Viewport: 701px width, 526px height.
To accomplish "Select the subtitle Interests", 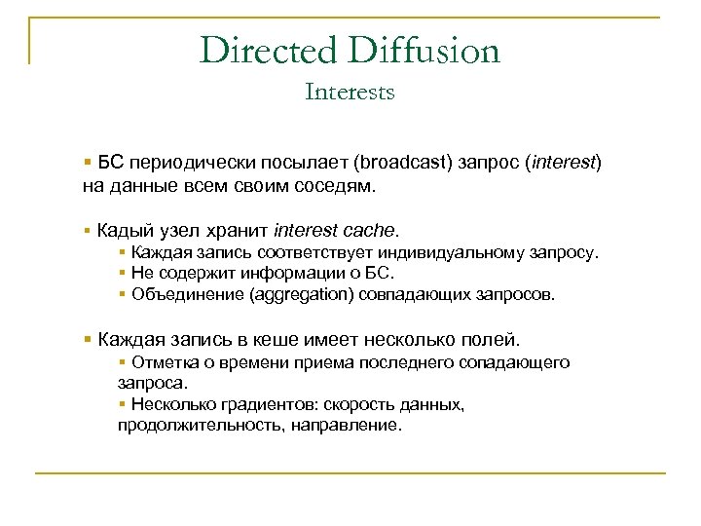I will (x=350, y=93).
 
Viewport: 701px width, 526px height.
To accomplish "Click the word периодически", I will (x=186, y=161).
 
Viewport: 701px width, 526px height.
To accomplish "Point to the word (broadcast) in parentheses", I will (x=402, y=161).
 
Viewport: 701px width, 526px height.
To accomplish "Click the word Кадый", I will (x=121, y=231).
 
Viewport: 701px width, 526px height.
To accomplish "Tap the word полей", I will (x=495, y=340).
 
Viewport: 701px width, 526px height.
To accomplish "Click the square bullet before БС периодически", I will (x=88, y=160).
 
